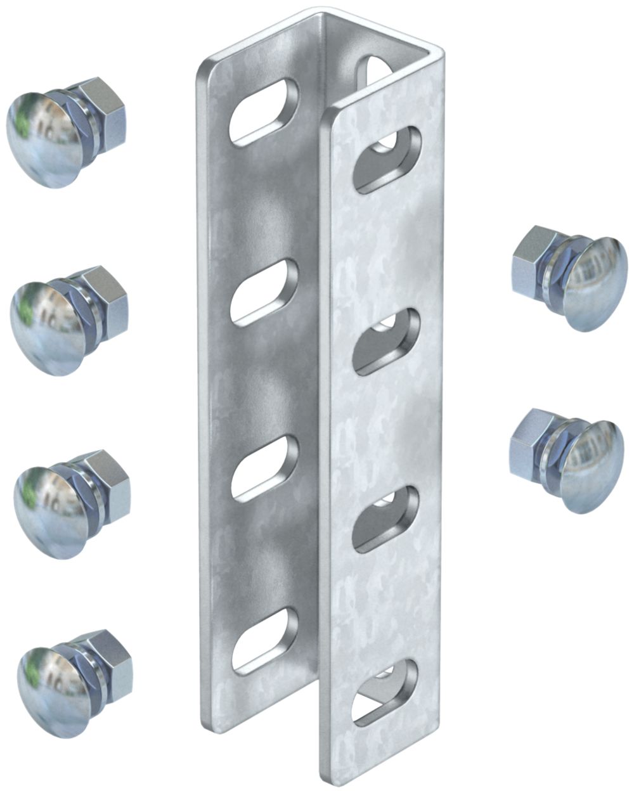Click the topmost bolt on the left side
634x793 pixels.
[63, 133]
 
